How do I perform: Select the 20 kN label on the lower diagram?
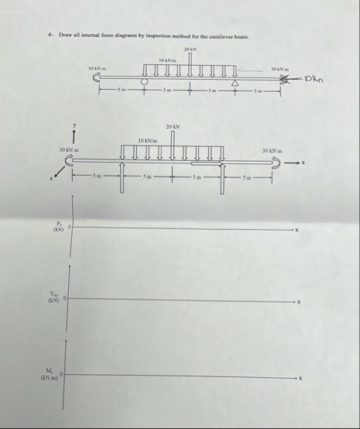(173, 126)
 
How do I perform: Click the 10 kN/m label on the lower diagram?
(147, 140)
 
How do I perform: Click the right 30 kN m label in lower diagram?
(273, 149)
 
